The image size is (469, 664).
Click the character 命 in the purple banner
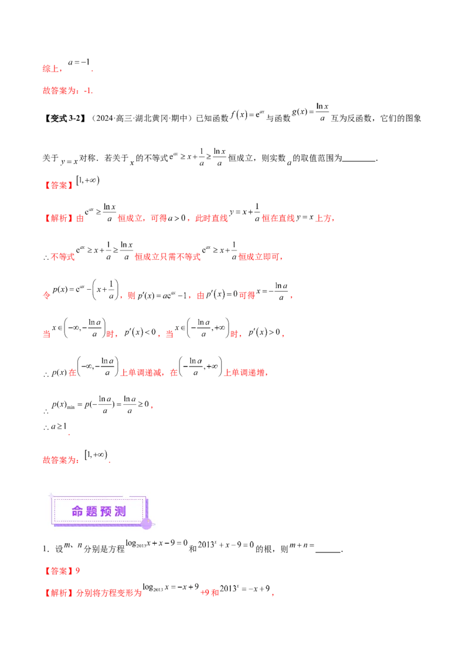[78, 511]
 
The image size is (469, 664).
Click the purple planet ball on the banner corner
[147, 523]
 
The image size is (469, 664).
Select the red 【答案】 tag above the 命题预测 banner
[59, 185]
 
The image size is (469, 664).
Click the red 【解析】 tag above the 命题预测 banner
[59, 219]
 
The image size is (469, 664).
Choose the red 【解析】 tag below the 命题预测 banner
[59, 594]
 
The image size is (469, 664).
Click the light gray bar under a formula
[199, 377]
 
